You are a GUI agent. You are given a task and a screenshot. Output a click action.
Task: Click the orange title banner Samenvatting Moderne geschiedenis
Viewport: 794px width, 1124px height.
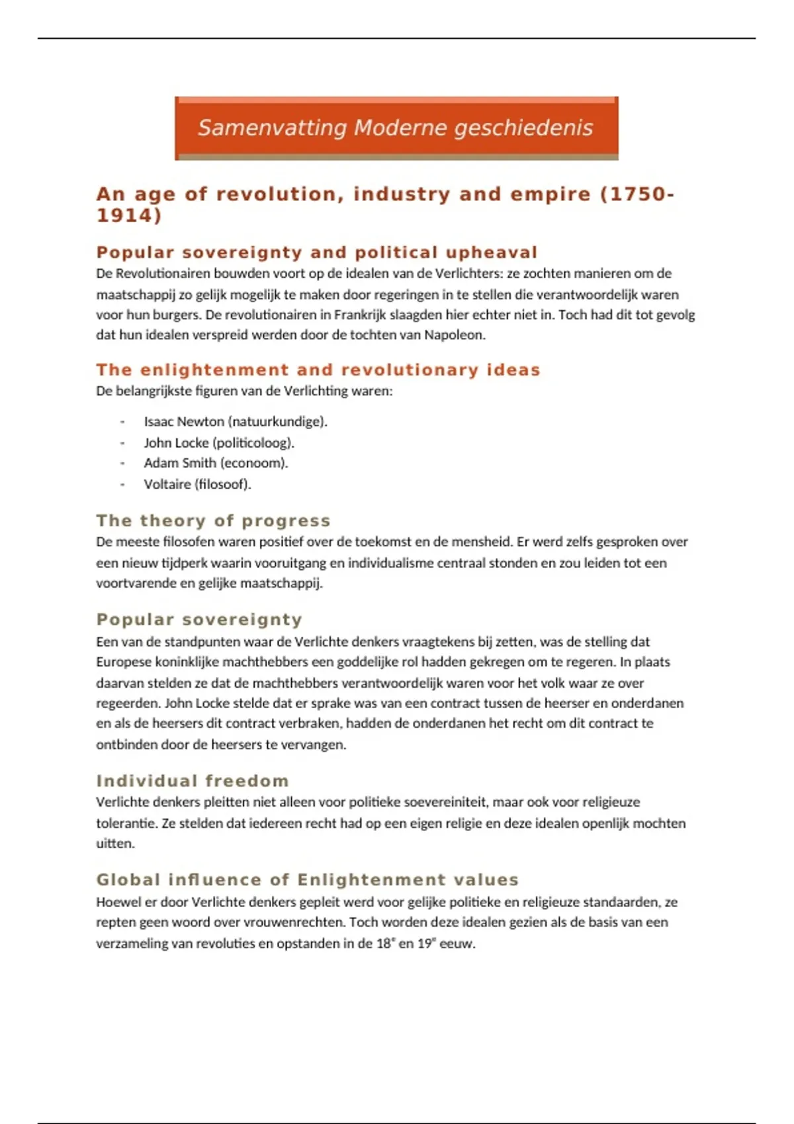(x=396, y=128)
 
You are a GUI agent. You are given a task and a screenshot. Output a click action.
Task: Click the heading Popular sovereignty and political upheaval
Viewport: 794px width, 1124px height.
(x=316, y=253)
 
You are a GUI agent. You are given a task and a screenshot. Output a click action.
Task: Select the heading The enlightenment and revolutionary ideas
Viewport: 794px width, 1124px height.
(x=318, y=370)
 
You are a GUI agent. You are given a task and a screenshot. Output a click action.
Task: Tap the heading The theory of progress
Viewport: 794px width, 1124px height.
(x=213, y=521)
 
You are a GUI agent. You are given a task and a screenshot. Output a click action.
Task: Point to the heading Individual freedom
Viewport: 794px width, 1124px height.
(x=193, y=781)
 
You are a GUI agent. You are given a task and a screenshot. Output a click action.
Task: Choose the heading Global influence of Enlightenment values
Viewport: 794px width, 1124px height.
(x=307, y=880)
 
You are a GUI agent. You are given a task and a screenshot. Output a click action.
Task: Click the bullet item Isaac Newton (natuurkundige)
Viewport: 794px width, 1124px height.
(x=236, y=422)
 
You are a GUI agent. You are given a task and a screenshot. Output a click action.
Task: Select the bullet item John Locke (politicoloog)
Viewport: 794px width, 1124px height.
(x=219, y=443)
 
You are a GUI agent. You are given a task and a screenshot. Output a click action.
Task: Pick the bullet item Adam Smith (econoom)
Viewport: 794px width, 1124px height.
(x=216, y=463)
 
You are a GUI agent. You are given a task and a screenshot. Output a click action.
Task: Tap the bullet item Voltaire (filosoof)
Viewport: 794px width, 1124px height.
(x=197, y=485)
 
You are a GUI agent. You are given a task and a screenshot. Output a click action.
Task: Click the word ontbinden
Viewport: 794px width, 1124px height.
(x=126, y=744)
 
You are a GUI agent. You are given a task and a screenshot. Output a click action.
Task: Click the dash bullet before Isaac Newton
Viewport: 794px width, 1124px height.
(x=122, y=422)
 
